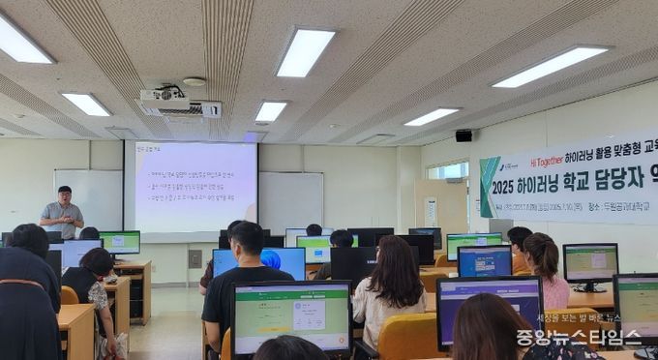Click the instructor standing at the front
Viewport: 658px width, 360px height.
click(x=62, y=213)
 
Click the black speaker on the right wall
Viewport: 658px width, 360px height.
click(x=464, y=135)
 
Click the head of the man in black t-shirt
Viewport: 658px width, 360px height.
click(x=247, y=238)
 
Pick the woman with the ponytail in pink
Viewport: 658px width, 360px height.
click(x=544, y=266)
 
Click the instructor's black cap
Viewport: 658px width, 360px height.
click(x=64, y=190)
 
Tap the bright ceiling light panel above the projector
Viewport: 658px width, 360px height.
click(x=305, y=51)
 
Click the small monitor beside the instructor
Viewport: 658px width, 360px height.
click(x=120, y=242)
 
